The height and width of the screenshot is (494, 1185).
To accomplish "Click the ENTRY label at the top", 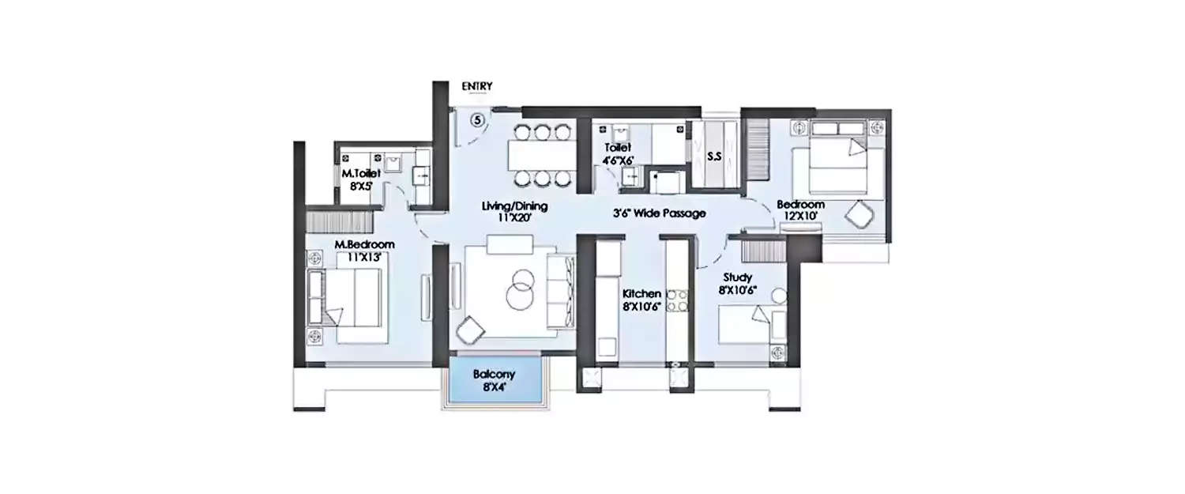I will click(478, 86).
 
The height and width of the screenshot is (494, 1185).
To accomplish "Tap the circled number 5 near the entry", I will click(477, 120).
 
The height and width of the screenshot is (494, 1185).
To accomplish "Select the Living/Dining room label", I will click(515, 213).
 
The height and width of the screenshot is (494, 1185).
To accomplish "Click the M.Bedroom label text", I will click(364, 250).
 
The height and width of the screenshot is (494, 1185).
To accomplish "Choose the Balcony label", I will click(495, 381).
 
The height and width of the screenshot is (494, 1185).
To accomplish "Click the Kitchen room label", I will click(641, 300).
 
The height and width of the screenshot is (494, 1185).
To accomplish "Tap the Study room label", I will click(735, 284).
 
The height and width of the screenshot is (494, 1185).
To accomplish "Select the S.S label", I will click(714, 157).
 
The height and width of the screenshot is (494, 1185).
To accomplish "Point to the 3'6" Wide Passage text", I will click(660, 213).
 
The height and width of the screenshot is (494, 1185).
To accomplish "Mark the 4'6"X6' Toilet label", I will click(619, 154).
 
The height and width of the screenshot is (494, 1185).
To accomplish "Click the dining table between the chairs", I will click(543, 154).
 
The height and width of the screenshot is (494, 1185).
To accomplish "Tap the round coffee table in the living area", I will click(520, 290).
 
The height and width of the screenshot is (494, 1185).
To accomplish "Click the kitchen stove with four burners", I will click(677, 301).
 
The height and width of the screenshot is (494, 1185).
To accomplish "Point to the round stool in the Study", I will click(779, 296).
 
